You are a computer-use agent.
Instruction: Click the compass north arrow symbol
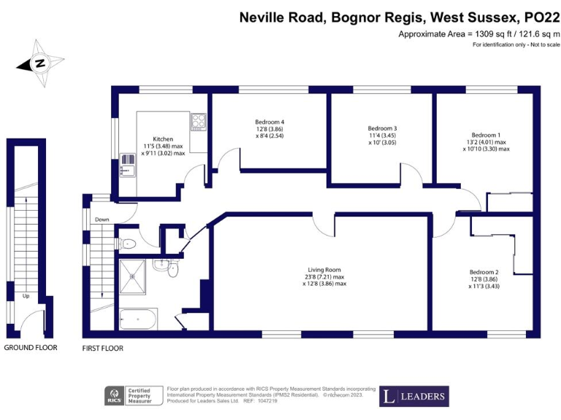tap(37, 63)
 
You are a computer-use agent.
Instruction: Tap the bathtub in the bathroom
tap(137, 319)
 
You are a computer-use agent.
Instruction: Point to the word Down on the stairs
tap(102, 219)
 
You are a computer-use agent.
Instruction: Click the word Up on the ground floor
tap(26, 296)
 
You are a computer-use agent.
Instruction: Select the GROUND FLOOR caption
tap(31, 348)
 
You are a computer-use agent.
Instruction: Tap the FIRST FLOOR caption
tap(103, 349)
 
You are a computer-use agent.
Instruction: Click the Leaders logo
tap(414, 397)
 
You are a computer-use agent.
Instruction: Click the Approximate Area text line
tap(478, 34)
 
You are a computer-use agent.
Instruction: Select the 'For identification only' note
tap(516, 45)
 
